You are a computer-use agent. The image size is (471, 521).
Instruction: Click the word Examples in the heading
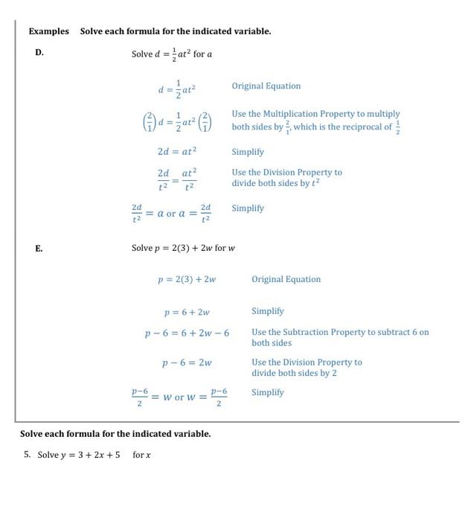pyautogui.click(x=48, y=31)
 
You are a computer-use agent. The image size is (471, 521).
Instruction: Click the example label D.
pyautogui.click(x=39, y=53)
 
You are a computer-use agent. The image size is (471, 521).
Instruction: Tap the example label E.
pyautogui.click(x=39, y=248)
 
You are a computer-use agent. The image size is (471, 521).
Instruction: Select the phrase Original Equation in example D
pyautogui.click(x=266, y=86)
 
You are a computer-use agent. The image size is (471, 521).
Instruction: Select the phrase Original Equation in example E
pyautogui.click(x=286, y=279)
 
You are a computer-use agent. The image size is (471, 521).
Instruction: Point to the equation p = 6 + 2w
pyautogui.click(x=187, y=312)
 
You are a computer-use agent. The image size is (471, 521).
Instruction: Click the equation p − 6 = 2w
pyautogui.click(x=187, y=362)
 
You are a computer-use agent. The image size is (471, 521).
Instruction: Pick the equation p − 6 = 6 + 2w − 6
pyautogui.click(x=187, y=333)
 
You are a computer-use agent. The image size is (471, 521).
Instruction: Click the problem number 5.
pyautogui.click(x=27, y=454)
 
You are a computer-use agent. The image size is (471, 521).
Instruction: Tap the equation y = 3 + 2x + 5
pyautogui.click(x=84, y=455)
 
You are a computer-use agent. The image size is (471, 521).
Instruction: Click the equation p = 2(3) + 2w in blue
pyautogui.click(x=187, y=280)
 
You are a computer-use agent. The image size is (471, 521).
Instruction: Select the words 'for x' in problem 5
pyautogui.click(x=141, y=455)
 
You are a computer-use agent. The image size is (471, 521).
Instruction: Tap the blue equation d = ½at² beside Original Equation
pyautogui.click(x=176, y=89)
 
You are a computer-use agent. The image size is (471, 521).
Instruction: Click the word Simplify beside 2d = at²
pyautogui.click(x=247, y=151)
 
